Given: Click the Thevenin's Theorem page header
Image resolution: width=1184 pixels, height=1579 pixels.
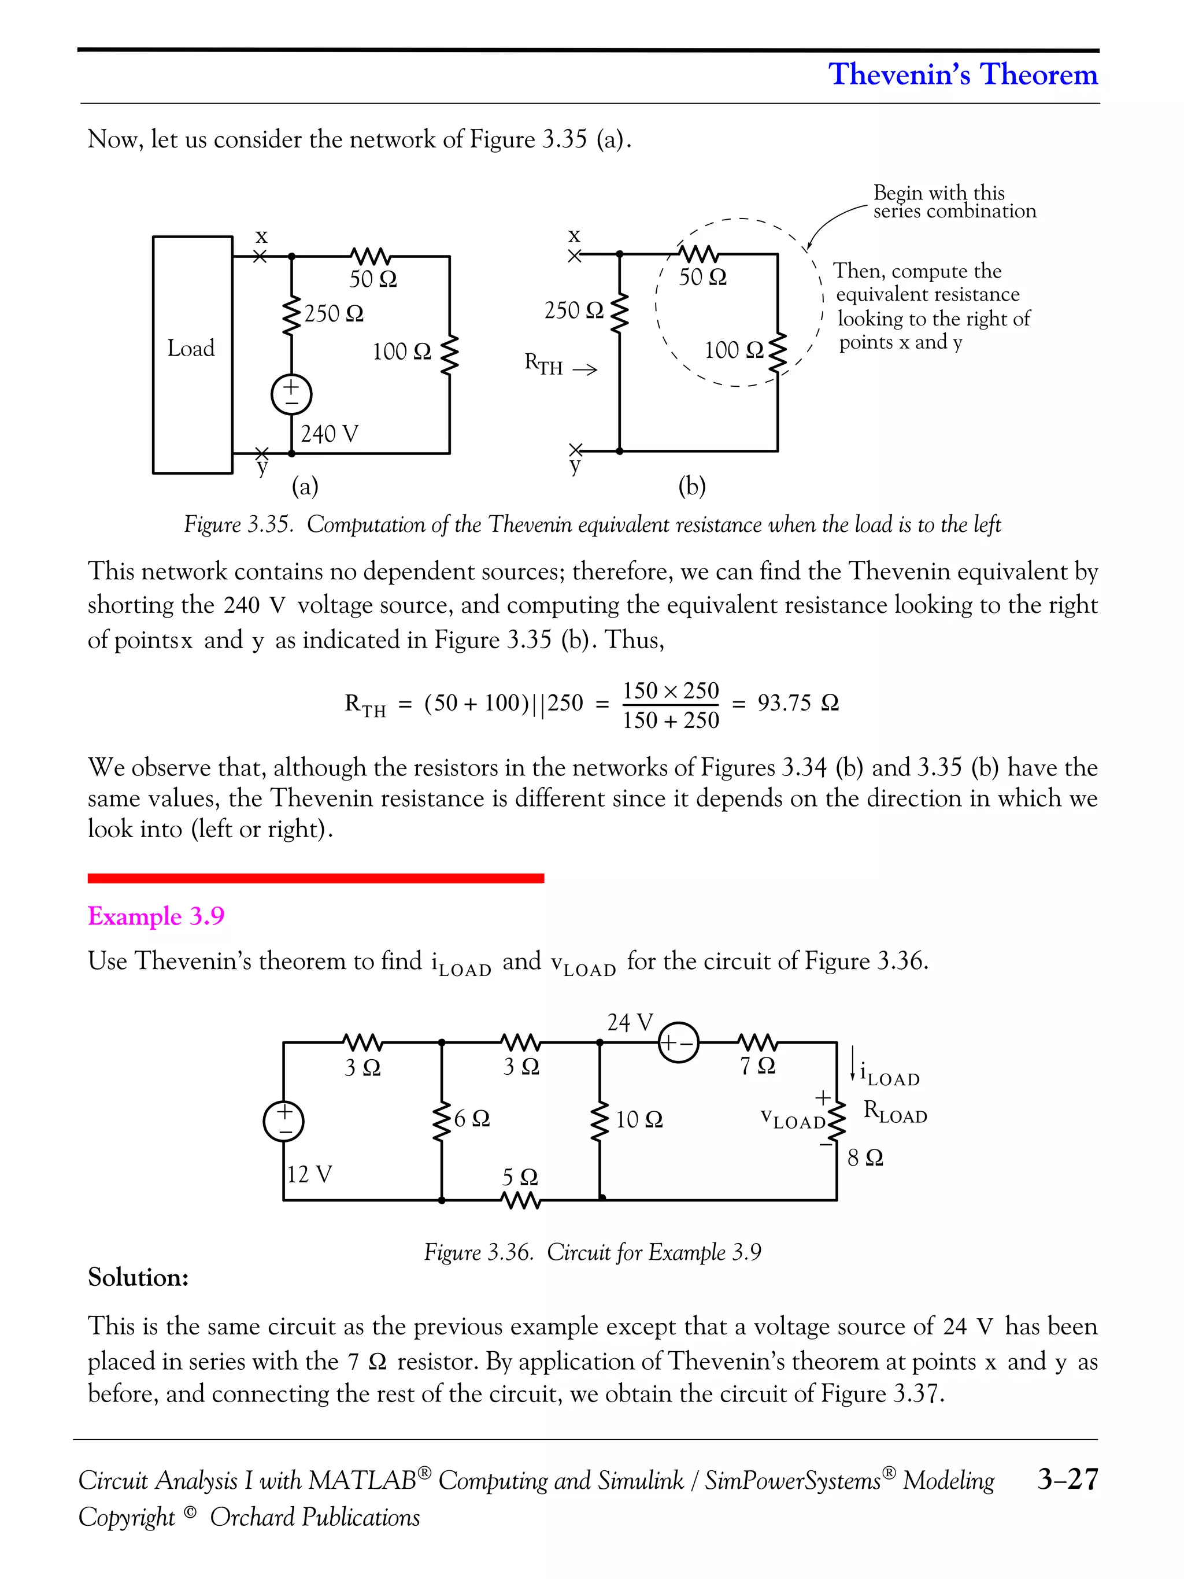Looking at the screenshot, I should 962,74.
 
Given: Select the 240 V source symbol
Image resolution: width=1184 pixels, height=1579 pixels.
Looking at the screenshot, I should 291,394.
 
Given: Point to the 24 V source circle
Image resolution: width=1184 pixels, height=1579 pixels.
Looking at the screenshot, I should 678,1043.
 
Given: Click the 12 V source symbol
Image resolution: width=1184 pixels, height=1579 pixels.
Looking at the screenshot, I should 283,1120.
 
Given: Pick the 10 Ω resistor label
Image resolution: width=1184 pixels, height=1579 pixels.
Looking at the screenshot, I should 639,1119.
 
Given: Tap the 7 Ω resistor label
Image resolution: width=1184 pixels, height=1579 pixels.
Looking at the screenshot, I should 757,1066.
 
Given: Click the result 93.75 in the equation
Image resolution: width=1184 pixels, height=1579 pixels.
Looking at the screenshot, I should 783,703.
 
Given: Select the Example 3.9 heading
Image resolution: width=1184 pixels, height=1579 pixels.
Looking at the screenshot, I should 156,916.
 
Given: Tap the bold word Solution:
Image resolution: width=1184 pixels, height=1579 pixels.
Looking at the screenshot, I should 138,1277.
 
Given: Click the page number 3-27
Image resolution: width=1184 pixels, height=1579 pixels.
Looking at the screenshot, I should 1067,1478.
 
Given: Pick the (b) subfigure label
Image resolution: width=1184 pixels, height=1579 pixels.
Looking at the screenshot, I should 691,486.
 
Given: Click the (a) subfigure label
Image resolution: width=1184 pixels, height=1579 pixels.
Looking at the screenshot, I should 305,487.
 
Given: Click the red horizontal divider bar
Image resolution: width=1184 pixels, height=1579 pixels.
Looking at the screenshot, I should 316,878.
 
